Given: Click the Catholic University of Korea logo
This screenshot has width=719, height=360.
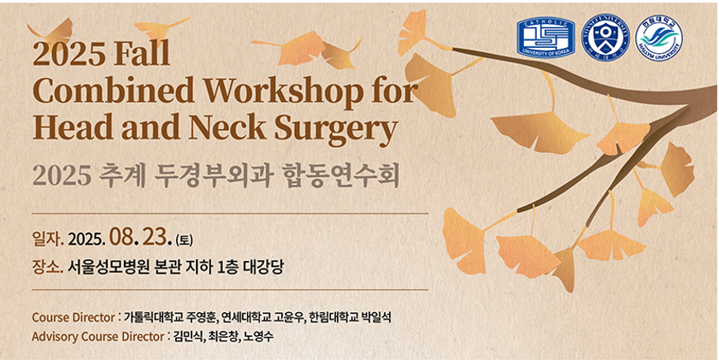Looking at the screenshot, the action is (x=545, y=38).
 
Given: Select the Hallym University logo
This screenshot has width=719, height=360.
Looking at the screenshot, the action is (x=659, y=38).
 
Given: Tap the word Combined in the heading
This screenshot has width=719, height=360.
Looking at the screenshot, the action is (x=114, y=92).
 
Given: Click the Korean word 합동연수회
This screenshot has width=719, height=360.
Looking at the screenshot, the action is (x=339, y=177).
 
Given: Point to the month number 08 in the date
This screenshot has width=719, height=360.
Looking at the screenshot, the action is (x=121, y=239).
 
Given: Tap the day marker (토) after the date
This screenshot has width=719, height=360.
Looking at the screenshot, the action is (x=185, y=239).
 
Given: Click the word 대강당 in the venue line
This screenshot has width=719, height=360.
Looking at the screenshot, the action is (x=265, y=267).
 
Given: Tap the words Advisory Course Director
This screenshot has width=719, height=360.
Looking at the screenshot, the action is (x=98, y=337).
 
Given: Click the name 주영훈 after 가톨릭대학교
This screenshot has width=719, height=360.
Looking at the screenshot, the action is (x=200, y=317).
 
